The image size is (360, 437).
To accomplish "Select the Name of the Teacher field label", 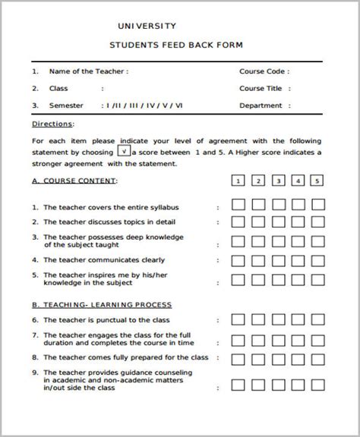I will click(89, 71).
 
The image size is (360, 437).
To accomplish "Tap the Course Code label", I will click(264, 71).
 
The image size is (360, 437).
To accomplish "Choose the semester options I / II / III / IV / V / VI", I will click(144, 105).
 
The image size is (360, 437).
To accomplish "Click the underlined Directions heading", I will click(52, 123).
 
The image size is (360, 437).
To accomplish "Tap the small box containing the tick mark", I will click(124, 151).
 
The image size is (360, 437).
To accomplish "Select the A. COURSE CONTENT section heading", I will click(74, 181).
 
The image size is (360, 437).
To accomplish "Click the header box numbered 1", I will click(238, 181).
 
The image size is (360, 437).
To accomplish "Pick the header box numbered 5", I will click(317, 181).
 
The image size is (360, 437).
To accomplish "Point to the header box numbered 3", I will click(277, 181).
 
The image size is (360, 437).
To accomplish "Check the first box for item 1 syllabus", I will click(238, 205).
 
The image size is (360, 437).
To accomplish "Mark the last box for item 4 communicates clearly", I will click(317, 260).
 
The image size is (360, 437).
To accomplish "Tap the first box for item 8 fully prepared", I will click(238, 358).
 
